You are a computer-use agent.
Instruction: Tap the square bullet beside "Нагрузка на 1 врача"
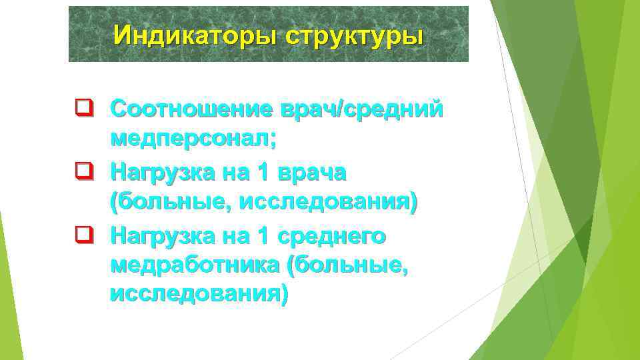(83, 171)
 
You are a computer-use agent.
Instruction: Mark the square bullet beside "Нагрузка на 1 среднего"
(83, 234)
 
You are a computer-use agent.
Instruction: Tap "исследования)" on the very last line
(199, 294)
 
